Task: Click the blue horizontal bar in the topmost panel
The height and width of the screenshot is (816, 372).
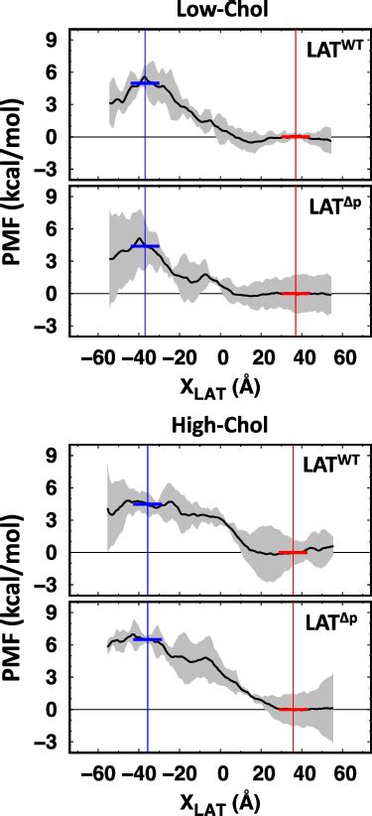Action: click(146, 83)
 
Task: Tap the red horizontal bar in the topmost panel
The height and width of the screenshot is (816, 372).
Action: click(295, 136)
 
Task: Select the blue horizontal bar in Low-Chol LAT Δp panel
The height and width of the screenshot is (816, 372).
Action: click(146, 245)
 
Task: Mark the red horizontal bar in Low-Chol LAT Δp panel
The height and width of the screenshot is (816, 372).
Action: click(296, 294)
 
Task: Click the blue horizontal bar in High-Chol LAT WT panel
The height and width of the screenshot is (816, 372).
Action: click(147, 504)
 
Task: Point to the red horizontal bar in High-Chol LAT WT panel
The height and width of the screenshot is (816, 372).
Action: click(293, 552)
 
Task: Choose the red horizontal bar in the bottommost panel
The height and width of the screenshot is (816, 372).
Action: click(293, 709)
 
